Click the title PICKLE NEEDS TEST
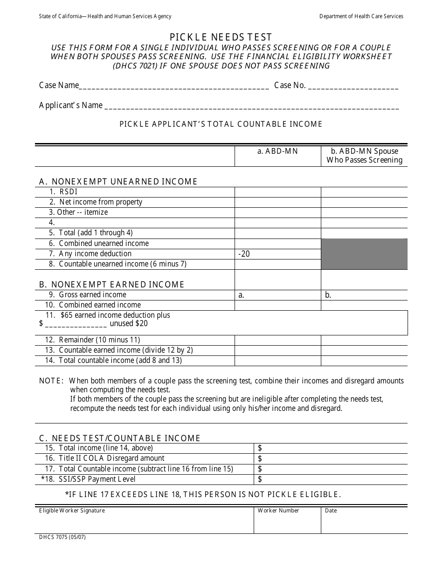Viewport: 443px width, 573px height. pos(221,37)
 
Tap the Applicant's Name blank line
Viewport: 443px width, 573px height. pos(251,106)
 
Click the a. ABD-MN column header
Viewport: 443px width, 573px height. pos(277,151)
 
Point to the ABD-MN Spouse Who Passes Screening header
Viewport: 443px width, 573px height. pos(364,156)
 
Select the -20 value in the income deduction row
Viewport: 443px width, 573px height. pos(244,254)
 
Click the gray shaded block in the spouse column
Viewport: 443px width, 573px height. pos(364,254)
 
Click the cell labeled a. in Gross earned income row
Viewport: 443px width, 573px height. pos(242,295)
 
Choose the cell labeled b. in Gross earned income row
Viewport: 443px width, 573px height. pos(328,295)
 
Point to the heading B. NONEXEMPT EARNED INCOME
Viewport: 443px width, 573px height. pos(112,284)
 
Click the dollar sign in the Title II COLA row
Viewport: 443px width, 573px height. pos(260,458)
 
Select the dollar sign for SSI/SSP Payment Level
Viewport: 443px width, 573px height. pos(260,479)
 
